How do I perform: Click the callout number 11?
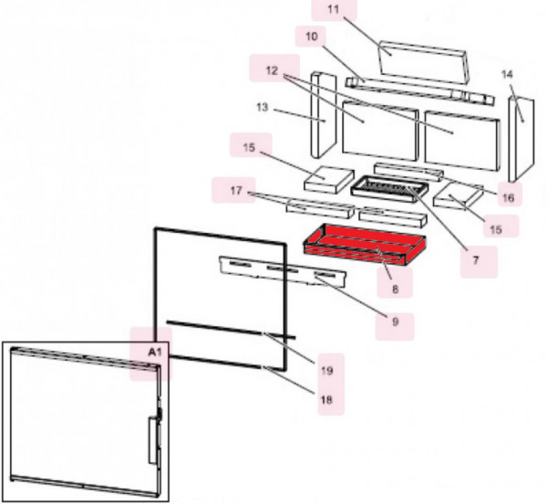[332, 11]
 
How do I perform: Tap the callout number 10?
[310, 37]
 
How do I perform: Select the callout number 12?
[272, 69]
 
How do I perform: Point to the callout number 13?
[262, 108]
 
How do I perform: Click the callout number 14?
[508, 73]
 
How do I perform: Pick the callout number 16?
[508, 197]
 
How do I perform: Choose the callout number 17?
[235, 192]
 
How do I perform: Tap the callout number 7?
[475, 260]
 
